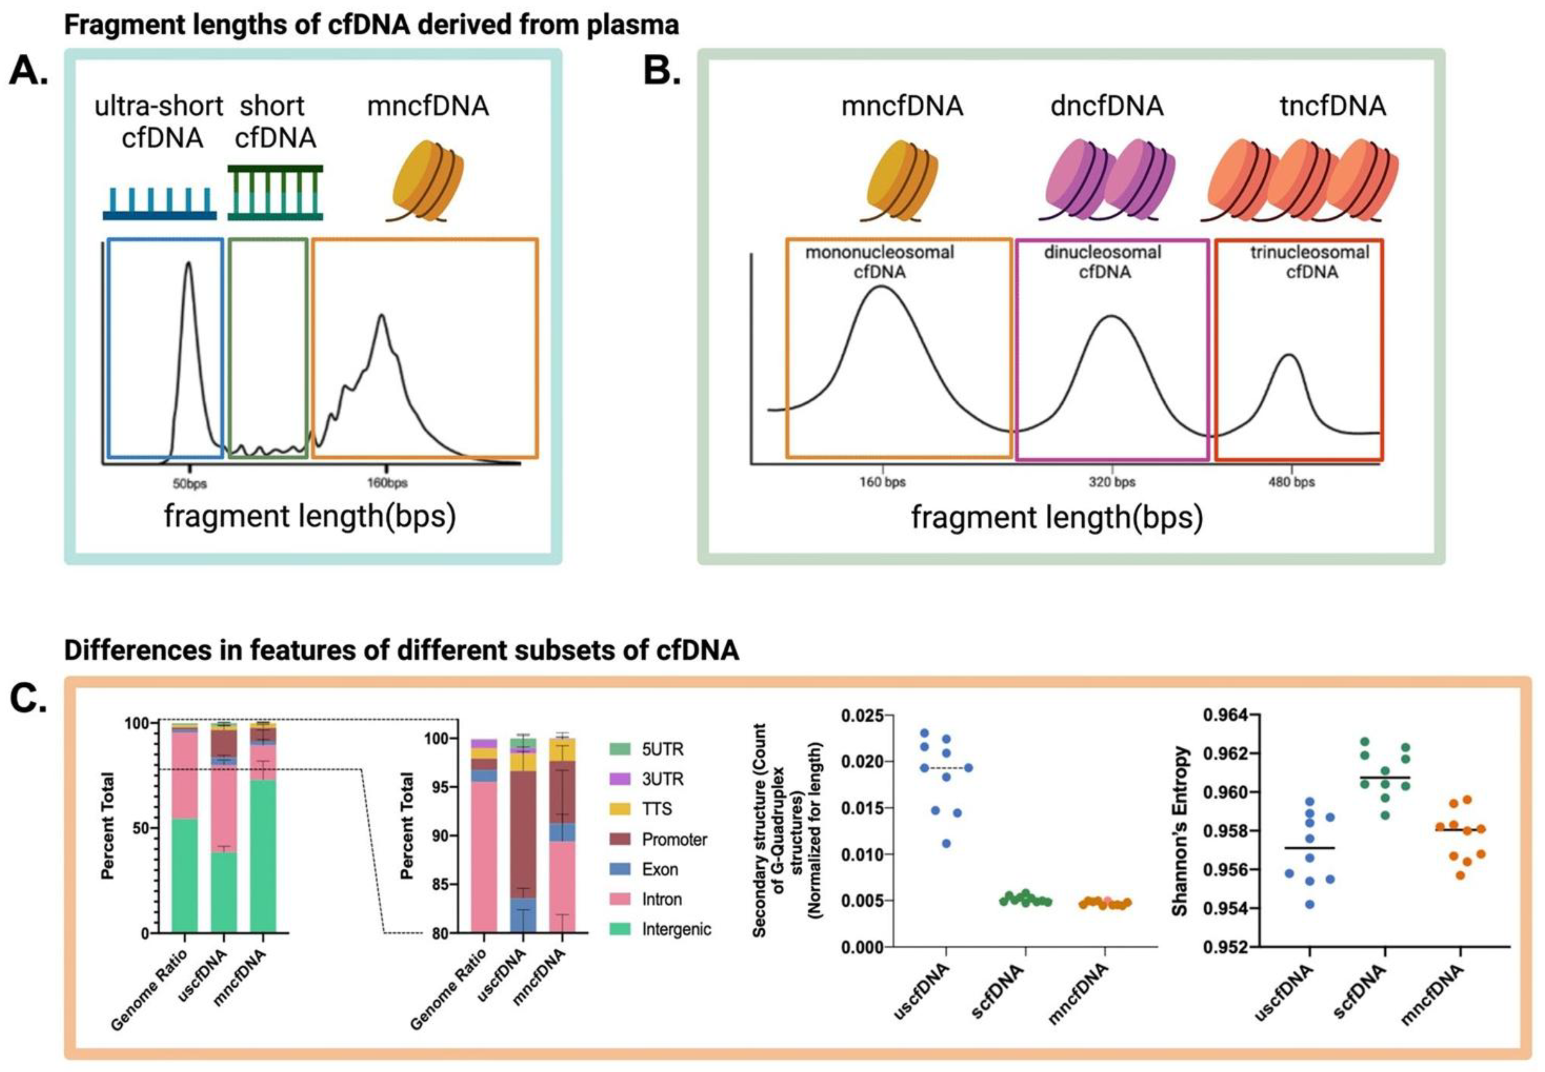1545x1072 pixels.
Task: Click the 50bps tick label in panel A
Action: click(190, 483)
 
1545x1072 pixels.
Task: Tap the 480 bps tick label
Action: click(1291, 482)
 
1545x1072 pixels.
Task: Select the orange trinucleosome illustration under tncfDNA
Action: click(1299, 179)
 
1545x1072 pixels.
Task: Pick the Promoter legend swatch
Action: click(620, 839)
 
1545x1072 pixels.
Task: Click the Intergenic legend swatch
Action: click(620, 929)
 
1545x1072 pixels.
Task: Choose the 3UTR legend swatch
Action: click(620, 779)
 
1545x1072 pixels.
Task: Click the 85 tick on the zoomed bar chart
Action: click(440, 885)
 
